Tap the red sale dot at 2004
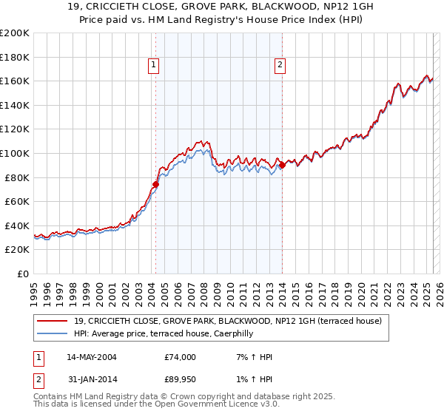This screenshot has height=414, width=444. pos(155,184)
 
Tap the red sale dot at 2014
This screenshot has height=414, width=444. pos(282,165)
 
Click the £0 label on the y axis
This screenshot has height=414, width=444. pos(22,274)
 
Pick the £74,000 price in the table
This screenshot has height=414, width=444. pos(181,357)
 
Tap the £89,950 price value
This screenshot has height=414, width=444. pos(181,381)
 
